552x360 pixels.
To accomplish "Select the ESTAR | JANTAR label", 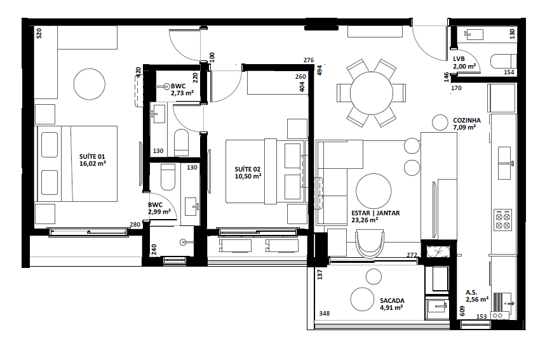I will (375, 213).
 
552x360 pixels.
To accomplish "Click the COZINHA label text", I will (466, 120).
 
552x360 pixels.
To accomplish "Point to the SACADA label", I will (392, 301).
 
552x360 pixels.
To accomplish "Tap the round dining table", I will (372, 91).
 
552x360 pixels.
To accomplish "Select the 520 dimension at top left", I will (38, 34).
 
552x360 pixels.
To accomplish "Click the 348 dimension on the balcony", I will (324, 314).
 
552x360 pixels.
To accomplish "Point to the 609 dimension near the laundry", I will (462, 311).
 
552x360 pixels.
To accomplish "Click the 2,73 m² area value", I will (181, 93).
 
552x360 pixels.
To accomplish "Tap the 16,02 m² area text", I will (92, 163).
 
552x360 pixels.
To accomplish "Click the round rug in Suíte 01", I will (90, 83).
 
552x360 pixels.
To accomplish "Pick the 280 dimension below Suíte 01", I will (135, 225).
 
